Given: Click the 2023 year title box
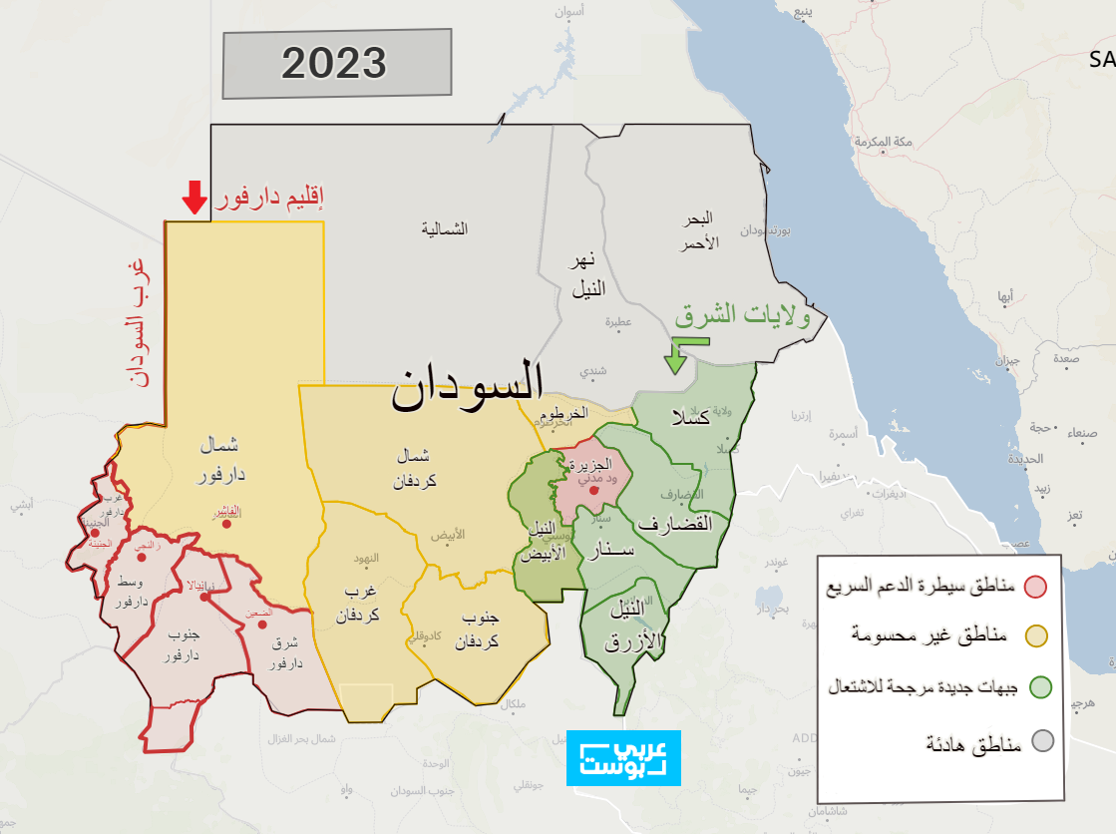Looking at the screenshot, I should click(x=336, y=64).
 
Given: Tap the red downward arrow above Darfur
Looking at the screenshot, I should click(x=194, y=198).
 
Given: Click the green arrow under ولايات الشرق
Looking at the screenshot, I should click(x=681, y=354).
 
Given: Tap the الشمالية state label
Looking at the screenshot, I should click(x=445, y=229).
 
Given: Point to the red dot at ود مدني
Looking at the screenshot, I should click(x=593, y=490).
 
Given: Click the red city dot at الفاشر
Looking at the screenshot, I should click(x=227, y=523).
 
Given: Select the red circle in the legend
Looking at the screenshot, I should click(x=1037, y=586).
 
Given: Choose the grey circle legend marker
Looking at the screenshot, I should click(x=1042, y=740).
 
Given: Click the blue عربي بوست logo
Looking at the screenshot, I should click(x=623, y=758).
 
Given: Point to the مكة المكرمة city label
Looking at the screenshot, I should click(x=885, y=143).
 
